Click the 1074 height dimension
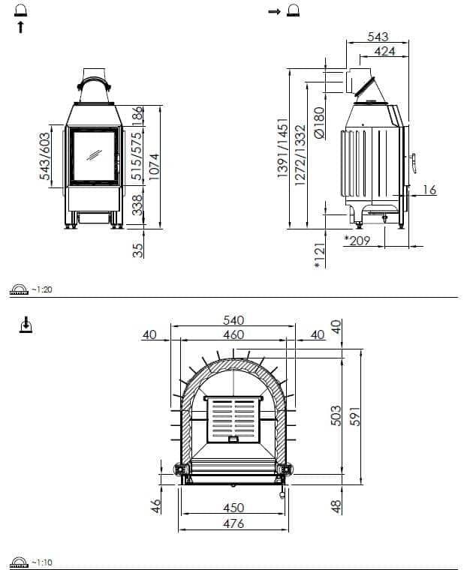tap(154, 166)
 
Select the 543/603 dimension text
tap(44, 156)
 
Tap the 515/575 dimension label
tap(137, 156)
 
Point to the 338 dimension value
tap(137, 205)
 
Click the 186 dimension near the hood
tap(137, 116)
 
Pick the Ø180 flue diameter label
tap(318, 122)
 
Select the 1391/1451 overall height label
tap(282, 148)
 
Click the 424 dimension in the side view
tap(384, 51)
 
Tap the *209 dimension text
tap(357, 240)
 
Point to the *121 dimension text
tap(319, 256)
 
